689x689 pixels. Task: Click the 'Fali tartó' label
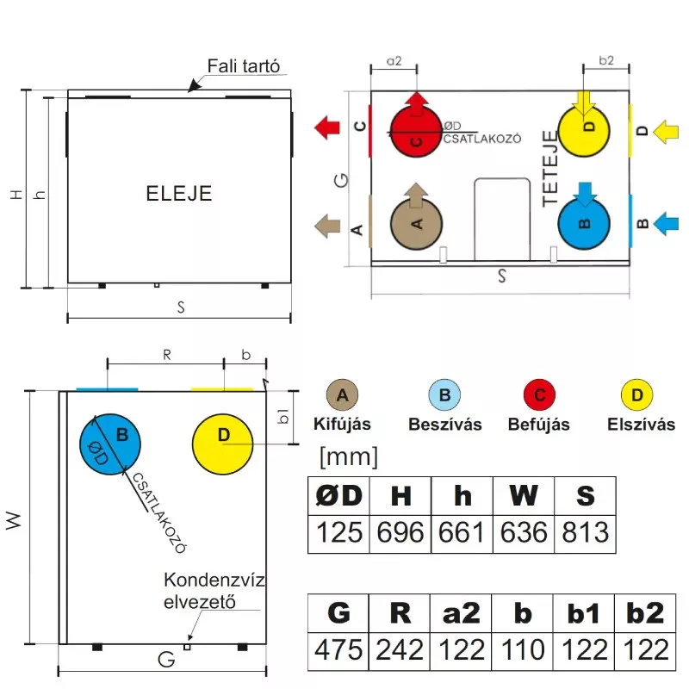tap(245, 67)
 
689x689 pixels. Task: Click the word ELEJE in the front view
tap(179, 193)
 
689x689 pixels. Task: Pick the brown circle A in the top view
tap(418, 221)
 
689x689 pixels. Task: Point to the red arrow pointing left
tap(326, 128)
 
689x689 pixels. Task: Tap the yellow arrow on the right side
tap(666, 132)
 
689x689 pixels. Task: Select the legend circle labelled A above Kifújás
tap(343, 396)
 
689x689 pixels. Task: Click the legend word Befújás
tap(539, 425)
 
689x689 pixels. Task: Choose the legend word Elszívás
tap(641, 425)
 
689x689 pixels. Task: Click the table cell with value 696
tap(400, 533)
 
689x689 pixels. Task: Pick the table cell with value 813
tap(585, 533)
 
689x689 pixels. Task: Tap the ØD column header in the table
tap(339, 496)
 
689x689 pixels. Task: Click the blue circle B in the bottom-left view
tap(112, 442)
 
